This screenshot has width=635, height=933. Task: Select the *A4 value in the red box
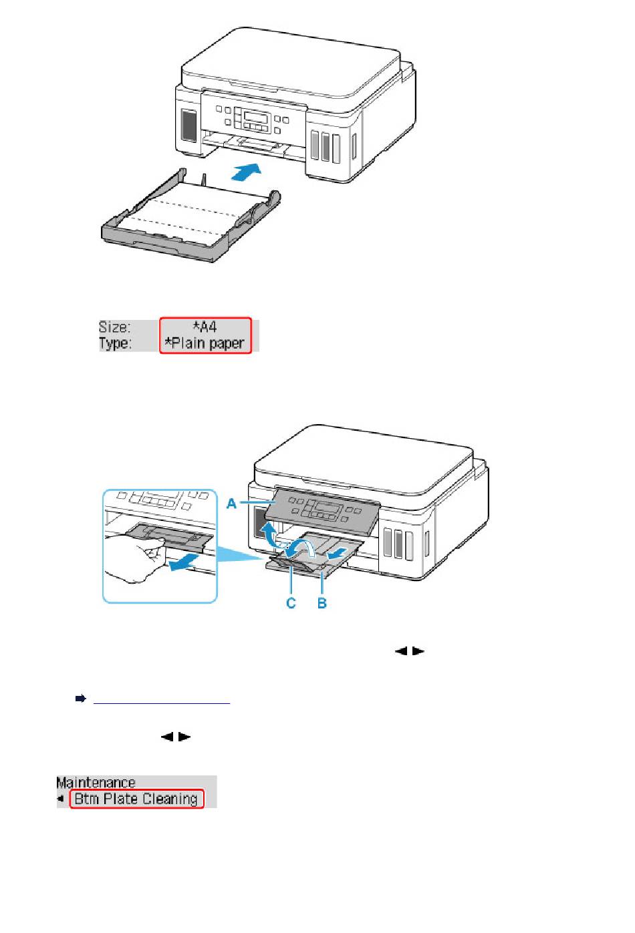tap(205, 327)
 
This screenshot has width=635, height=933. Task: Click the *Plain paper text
tap(205, 344)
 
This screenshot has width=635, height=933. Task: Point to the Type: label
tap(115, 344)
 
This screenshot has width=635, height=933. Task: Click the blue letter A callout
tap(231, 504)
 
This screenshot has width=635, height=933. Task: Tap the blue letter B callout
tap(322, 602)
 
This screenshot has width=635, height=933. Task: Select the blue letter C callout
tap(291, 602)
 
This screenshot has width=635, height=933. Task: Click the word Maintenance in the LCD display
tap(96, 783)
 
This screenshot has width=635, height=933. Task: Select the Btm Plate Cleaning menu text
tap(136, 799)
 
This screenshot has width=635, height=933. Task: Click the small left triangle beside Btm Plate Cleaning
tap(60, 799)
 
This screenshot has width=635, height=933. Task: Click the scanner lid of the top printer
tap(294, 63)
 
